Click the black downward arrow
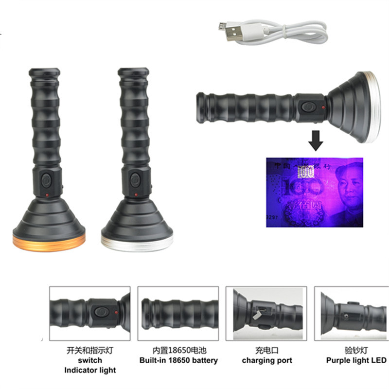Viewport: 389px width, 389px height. [316, 141]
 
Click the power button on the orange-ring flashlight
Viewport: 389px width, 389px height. [47, 180]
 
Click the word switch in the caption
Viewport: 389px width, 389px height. [89, 360]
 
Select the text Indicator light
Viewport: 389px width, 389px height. [89, 371]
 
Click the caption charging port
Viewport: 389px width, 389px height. [267, 360]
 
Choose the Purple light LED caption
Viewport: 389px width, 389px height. [356, 360]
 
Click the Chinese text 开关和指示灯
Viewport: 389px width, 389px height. [89, 350]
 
